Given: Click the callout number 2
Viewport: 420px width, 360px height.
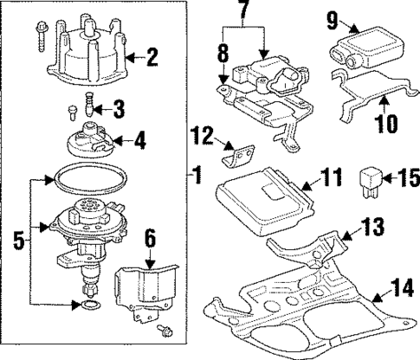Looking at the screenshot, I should [x=153, y=59].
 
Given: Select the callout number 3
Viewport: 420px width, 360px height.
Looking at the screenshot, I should [x=120, y=109].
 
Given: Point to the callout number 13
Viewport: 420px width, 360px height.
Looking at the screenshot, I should [x=370, y=229].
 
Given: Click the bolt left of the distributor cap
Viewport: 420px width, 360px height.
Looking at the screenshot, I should [x=42, y=35].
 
